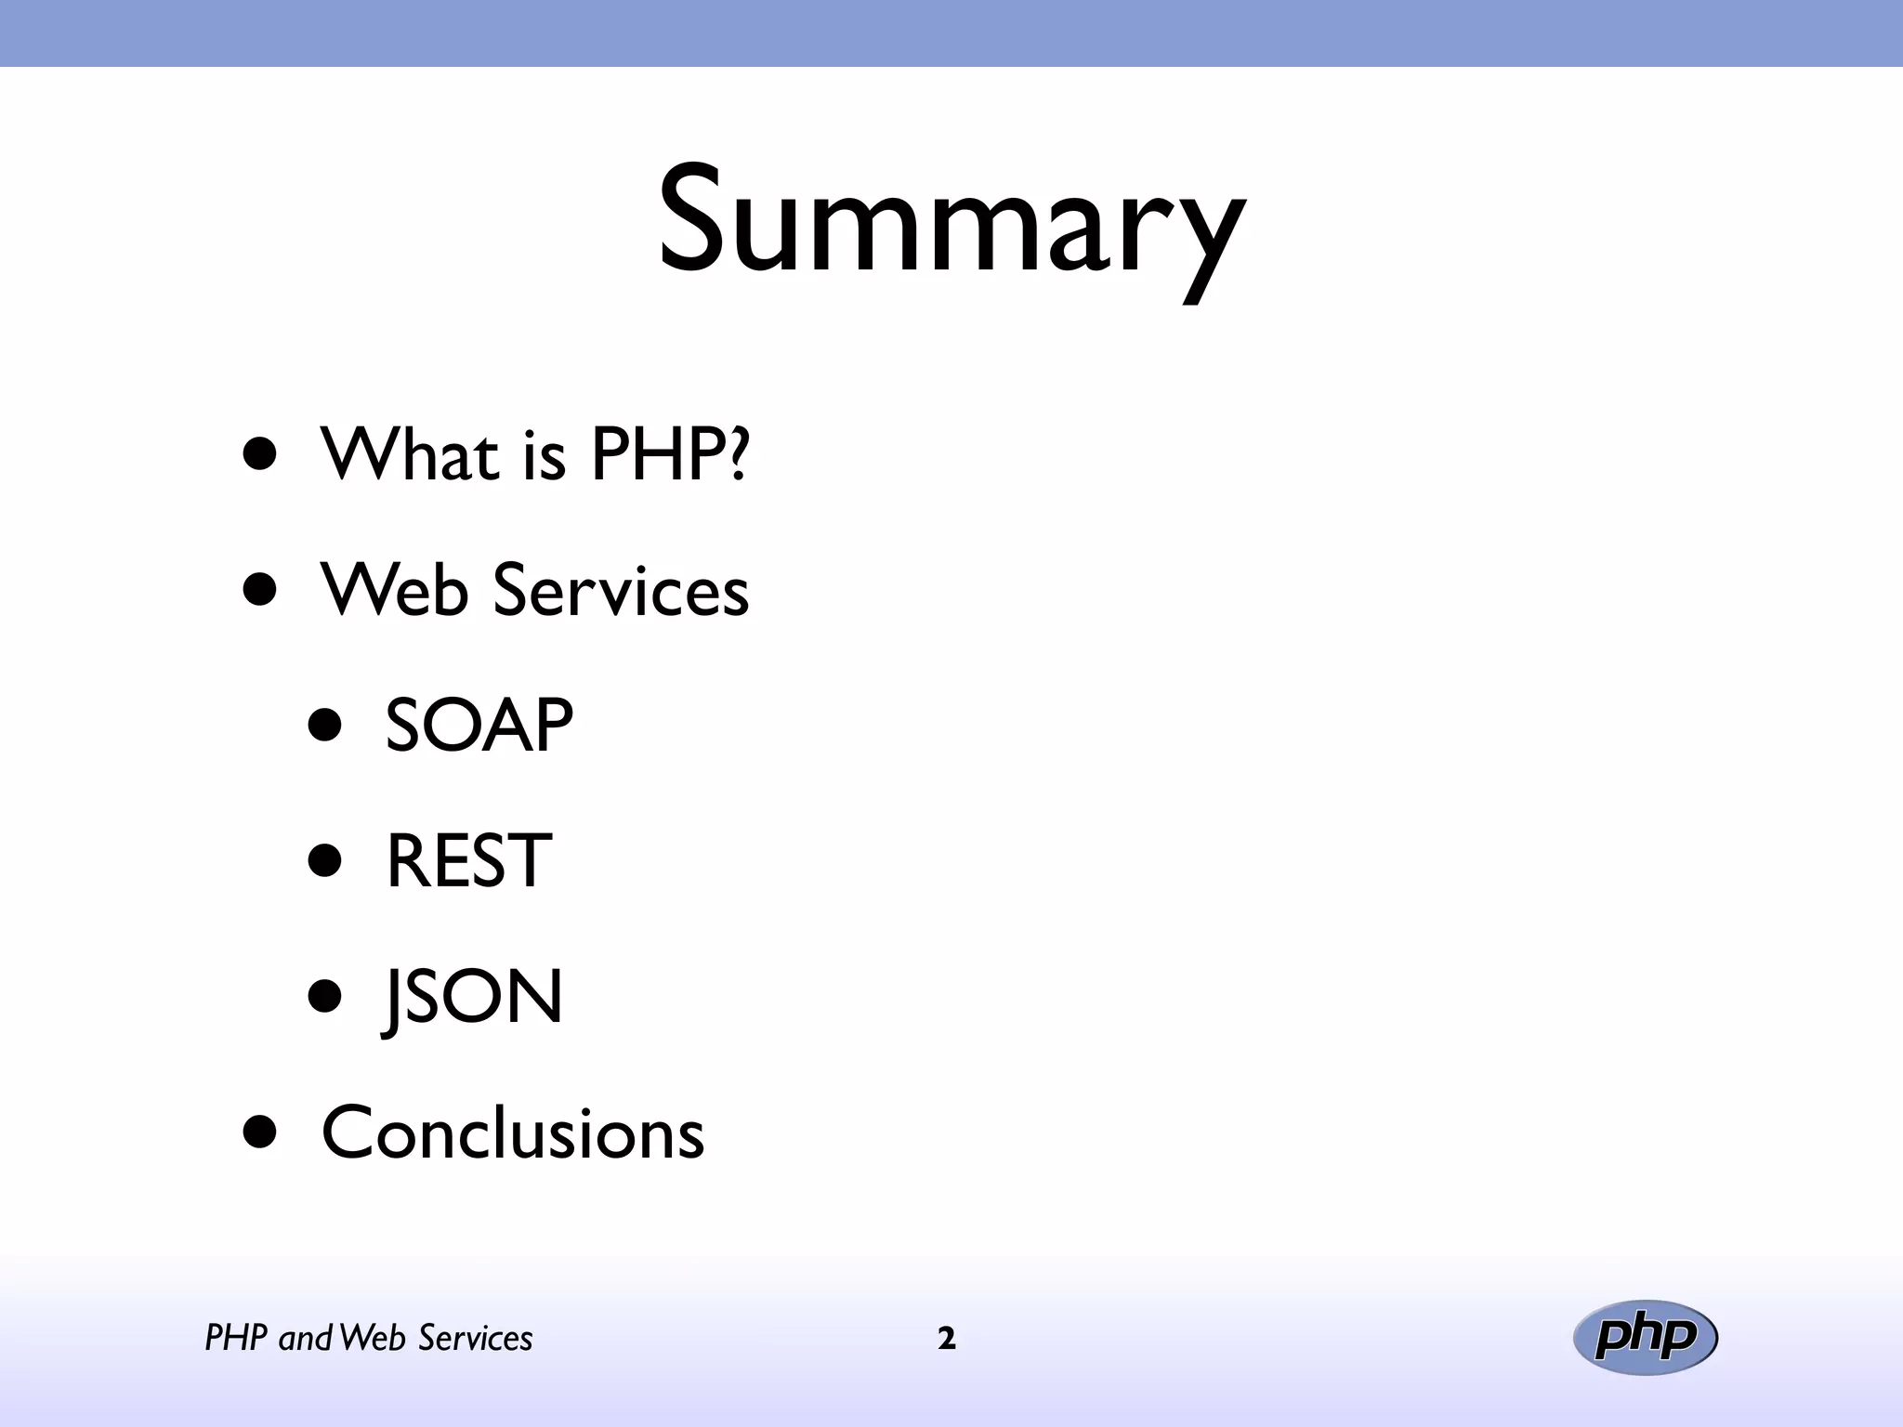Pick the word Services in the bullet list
tap(621, 591)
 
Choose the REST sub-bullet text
tap(468, 861)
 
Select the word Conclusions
tap(513, 1132)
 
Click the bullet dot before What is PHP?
tap(260, 453)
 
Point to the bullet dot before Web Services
tap(260, 589)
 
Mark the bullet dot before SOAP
tap(325, 725)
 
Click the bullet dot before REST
tap(325, 860)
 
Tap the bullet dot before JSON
tap(325, 997)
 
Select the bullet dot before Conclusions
tap(260, 1132)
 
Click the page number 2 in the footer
tap(947, 1339)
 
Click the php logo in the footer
tap(1646, 1337)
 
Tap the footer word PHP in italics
tap(236, 1339)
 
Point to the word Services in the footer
tap(475, 1339)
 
